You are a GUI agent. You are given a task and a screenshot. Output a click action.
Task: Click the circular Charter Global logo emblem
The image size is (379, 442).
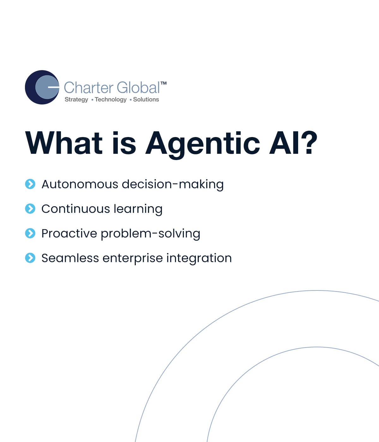42,87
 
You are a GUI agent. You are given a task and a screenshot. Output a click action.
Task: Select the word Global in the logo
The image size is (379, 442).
138,88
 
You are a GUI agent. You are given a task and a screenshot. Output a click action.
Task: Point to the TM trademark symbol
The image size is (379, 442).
164,83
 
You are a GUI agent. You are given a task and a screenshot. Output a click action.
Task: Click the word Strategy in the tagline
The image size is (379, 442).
76,100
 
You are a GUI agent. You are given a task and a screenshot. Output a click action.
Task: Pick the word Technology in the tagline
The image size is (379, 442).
111,100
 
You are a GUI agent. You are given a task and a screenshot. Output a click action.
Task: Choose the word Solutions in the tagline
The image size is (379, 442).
146,99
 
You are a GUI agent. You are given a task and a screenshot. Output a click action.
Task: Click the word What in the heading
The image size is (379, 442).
64,143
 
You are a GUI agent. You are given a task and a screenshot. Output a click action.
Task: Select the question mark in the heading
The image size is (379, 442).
311,142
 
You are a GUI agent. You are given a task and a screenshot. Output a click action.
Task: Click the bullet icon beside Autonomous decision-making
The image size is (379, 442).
30,184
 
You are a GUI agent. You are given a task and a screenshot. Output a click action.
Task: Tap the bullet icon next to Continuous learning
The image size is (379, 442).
30,209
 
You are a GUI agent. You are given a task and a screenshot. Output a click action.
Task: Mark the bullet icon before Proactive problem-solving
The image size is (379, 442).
30,233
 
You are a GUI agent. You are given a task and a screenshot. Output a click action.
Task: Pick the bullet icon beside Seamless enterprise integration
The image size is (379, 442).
30,258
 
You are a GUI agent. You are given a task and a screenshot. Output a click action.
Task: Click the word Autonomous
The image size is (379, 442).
80,184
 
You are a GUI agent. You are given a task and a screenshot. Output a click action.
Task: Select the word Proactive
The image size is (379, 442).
69,233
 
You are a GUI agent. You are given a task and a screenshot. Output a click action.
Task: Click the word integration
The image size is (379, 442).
199,259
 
